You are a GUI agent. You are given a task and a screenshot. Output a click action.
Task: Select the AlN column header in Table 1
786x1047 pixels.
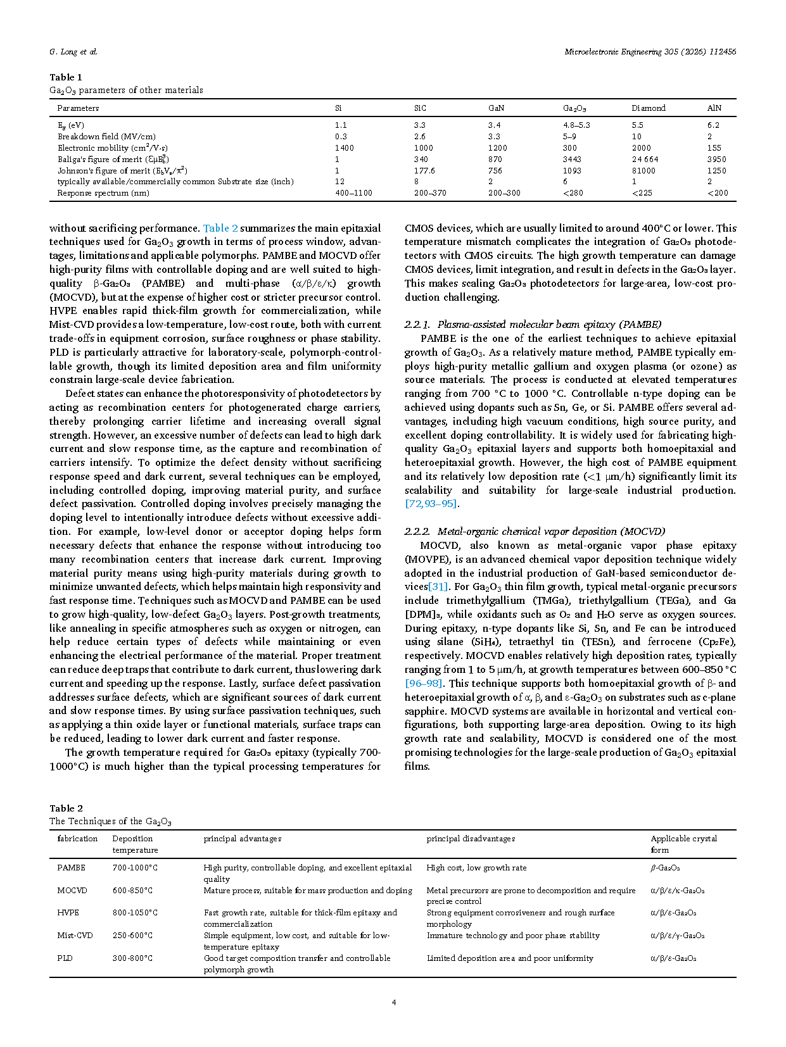click(714, 108)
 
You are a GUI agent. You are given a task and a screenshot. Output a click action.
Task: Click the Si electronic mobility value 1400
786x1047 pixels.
click(344, 148)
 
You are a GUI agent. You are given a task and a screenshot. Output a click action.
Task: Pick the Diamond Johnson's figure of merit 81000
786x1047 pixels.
click(643, 171)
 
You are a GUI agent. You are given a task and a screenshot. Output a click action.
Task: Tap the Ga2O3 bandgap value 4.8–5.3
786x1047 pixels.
click(576, 125)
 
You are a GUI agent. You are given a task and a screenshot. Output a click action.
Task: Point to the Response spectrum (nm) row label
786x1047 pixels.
click(103, 193)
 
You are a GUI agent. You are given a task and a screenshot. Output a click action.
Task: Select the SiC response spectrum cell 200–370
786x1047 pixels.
click(430, 193)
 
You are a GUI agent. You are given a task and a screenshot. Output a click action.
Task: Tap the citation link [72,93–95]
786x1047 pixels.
click(431, 504)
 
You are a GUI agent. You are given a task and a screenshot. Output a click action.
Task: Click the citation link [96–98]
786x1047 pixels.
click(424, 684)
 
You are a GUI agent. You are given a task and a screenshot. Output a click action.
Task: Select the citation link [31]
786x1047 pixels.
click(438, 587)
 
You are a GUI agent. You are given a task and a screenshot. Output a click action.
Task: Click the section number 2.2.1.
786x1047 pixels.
click(417, 325)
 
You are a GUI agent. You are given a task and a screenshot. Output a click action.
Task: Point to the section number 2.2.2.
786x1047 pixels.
click(417, 532)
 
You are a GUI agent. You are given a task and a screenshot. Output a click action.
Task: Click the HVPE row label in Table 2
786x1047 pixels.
click(68, 913)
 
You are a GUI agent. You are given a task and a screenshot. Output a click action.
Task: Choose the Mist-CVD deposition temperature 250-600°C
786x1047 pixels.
click(132, 936)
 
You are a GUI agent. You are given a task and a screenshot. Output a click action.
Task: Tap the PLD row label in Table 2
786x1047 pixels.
click(65, 958)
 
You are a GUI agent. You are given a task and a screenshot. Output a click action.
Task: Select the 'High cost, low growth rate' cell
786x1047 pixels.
click(476, 868)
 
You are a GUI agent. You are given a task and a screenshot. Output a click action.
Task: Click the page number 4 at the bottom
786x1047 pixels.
click(394, 1003)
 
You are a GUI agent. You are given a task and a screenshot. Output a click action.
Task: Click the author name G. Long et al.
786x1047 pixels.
click(73, 52)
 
